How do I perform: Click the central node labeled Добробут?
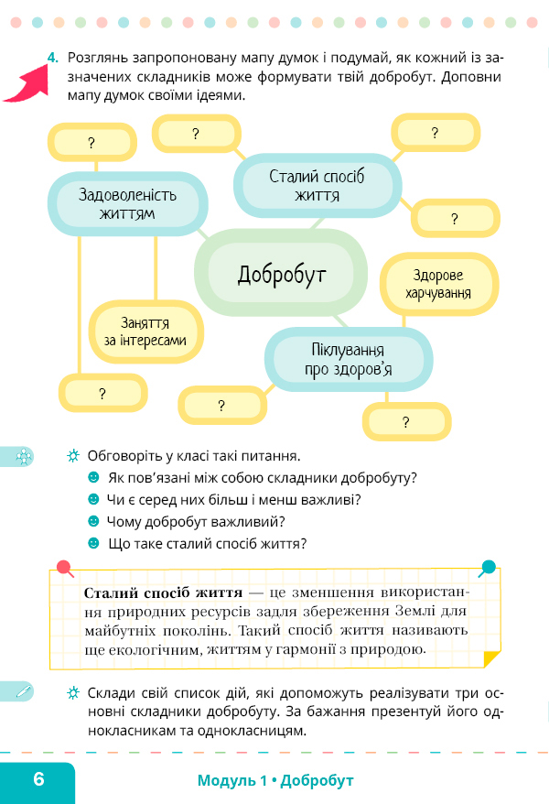281,273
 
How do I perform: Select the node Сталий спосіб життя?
317,185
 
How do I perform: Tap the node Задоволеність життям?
127,203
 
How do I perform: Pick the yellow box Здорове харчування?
438,284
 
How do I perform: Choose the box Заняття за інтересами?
146,331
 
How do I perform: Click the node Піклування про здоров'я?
349,360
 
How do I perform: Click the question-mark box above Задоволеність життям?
92,142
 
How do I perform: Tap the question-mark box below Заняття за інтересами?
102,393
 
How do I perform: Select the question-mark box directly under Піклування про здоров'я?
406,421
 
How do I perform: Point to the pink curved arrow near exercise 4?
28,84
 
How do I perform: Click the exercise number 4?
53,58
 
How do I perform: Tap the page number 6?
39,779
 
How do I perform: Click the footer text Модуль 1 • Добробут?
275,780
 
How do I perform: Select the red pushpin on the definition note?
65,568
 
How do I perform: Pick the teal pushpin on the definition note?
488,567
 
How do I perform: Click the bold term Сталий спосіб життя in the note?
163,592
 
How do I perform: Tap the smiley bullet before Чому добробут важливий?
93,521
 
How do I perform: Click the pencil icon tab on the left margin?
16,691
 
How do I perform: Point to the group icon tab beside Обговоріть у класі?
16,456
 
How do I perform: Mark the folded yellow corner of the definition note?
490,657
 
